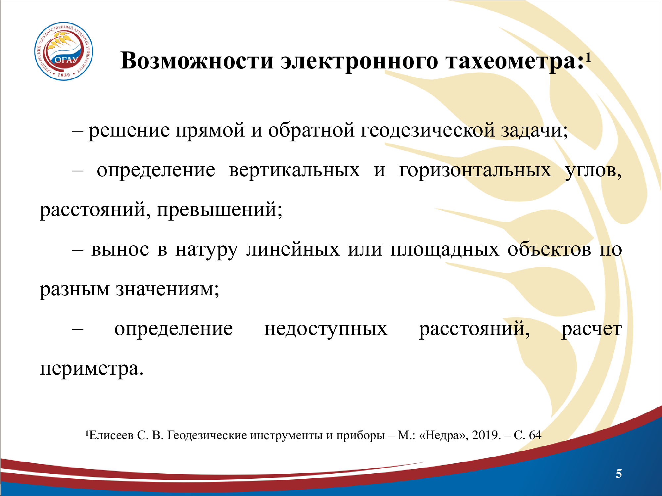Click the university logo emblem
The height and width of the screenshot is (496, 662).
tap(64, 51)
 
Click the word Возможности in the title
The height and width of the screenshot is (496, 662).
tap(197, 61)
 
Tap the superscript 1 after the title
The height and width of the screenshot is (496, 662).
tap(588, 58)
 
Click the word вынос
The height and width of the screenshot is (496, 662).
tap(120, 250)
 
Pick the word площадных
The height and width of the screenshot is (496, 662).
tap(445, 250)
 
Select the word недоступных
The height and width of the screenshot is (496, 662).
tap(326, 329)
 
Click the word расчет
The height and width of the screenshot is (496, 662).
tap(591, 329)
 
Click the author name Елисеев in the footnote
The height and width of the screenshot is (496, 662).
tap(111, 435)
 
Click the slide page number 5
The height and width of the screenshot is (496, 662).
tap(619, 474)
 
